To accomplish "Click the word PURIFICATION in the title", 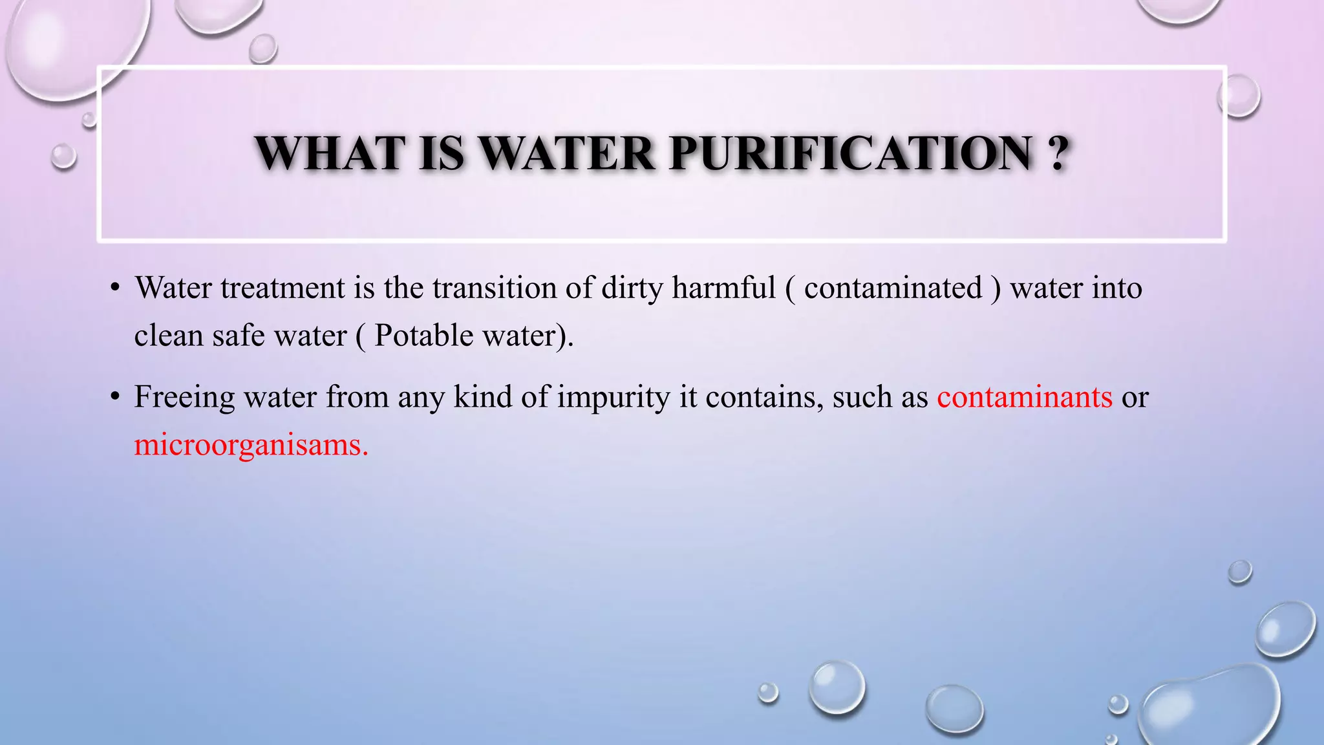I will [x=850, y=154].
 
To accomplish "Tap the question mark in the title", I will [x=1058, y=154].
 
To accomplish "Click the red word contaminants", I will [x=1025, y=397].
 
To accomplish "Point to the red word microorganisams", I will [x=250, y=445].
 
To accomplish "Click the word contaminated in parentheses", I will [x=893, y=288].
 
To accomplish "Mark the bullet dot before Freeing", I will [x=115, y=397].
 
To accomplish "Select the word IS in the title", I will [x=442, y=154].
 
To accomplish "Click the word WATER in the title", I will [x=567, y=154].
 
